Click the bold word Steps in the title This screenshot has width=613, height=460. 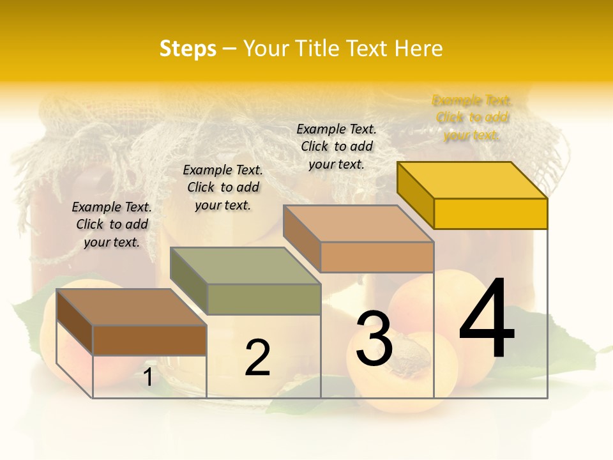(187, 49)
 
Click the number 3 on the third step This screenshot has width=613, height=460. (374, 339)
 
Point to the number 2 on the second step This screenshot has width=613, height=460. (257, 358)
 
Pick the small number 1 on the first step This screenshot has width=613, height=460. (148, 378)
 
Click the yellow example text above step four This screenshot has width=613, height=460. (472, 118)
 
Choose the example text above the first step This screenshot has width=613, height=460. (112, 224)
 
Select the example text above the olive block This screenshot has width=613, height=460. (223, 187)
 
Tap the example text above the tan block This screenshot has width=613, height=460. (337, 146)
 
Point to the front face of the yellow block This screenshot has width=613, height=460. (490, 213)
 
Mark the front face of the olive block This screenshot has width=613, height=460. (264, 299)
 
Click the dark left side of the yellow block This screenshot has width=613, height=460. (415, 192)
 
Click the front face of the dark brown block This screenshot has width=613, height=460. (149, 340)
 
